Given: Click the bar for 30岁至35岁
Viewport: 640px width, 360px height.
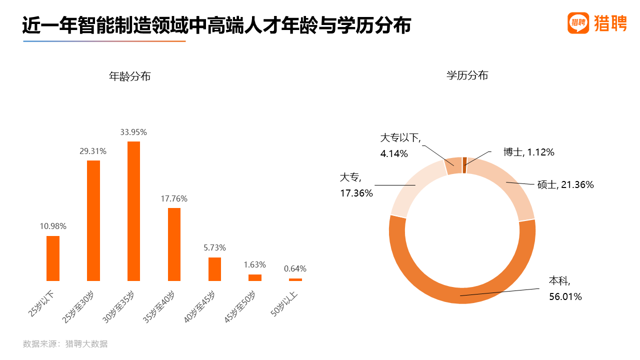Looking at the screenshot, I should pos(133,211).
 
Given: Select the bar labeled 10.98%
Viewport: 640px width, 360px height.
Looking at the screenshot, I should pos(53,258).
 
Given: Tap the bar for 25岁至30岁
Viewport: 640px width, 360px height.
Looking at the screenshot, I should pos(93,220).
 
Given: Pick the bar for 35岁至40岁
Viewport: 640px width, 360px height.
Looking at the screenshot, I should pos(174,244).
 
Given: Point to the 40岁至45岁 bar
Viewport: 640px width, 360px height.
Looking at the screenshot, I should pos(214,269).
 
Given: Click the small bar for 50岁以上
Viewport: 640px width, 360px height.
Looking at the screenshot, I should pos(295,279).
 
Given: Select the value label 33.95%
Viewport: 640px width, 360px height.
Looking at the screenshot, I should pos(133,132).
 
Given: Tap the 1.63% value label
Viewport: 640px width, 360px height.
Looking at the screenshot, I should pos(255,264).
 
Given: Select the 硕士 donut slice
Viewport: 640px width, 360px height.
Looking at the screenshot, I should pos(510,190).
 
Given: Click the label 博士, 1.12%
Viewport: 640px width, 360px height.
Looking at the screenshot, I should pos(528,152).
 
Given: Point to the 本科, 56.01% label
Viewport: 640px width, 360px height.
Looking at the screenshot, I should pos(565,288).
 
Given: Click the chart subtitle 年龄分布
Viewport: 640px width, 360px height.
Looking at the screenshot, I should pos(130,76).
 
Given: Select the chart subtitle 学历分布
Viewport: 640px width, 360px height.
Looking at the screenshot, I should pos(467,75).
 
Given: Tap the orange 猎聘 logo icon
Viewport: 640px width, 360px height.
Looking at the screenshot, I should pos(578,23).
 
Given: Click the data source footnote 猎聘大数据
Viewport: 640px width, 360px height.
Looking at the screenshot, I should pos(86,344).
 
